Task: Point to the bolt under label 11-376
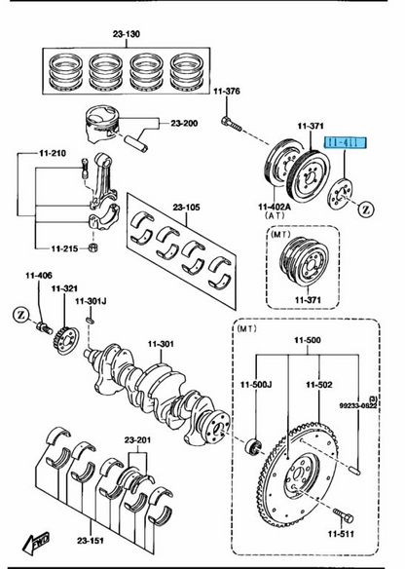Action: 231,123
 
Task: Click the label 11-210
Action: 53,153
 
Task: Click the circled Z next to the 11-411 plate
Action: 366,208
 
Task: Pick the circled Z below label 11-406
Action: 20,313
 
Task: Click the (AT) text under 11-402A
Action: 276,219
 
